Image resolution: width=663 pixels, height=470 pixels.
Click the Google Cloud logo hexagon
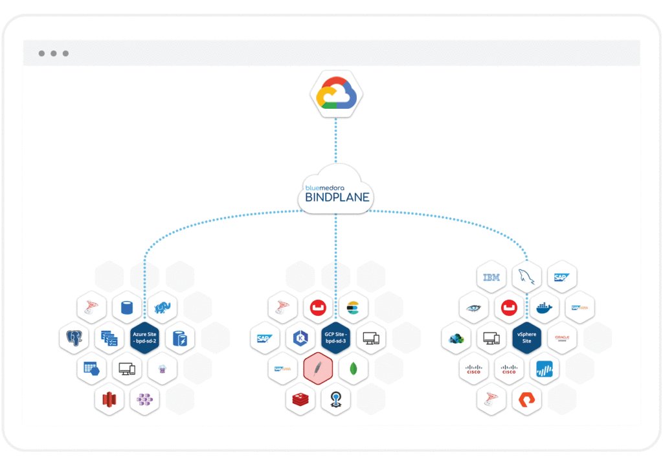tap(335, 96)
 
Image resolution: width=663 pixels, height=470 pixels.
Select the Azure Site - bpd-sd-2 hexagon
tap(144, 338)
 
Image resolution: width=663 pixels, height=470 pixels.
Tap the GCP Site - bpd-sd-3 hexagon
tap(336, 337)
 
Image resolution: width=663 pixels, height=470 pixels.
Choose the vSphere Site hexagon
tap(526, 337)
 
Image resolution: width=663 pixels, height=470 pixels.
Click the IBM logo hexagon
tap(491, 277)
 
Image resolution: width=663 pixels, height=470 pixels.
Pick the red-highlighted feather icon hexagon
tap(318, 368)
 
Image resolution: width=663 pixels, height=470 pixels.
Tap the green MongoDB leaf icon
tap(354, 368)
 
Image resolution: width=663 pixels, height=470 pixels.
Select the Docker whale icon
tap(545, 307)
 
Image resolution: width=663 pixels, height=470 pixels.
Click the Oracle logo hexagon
tap(561, 337)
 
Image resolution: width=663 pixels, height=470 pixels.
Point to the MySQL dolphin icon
tap(526, 277)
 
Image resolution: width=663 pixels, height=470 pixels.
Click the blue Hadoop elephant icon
tap(162, 308)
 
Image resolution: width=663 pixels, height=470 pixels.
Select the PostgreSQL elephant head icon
tap(74, 338)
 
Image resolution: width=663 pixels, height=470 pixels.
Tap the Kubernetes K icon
tap(300, 337)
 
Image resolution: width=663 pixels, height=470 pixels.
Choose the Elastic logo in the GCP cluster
tap(354, 307)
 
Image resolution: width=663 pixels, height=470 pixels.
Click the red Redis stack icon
tap(300, 399)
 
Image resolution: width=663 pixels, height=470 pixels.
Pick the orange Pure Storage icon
tap(526, 399)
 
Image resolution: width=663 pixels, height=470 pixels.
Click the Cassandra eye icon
tap(474, 307)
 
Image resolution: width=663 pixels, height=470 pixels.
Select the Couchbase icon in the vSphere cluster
tap(509, 307)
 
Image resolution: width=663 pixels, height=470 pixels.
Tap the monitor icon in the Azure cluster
tap(127, 369)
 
